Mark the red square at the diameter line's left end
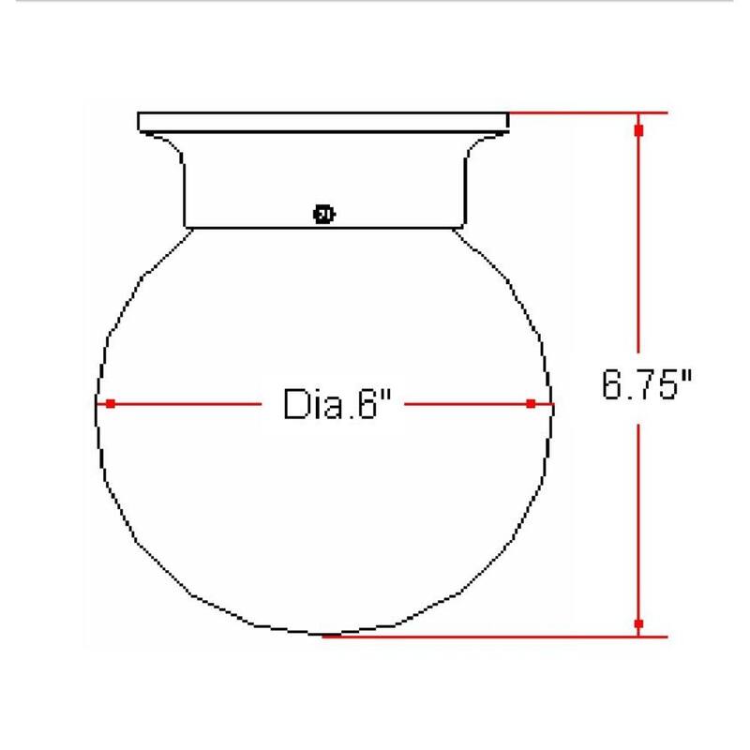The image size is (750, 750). pos(111,404)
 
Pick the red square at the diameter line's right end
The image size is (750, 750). pos(531,404)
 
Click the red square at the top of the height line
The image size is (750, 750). pos(638,130)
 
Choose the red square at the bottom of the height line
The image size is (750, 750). pos(638,623)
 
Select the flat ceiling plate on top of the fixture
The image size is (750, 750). pos(323,122)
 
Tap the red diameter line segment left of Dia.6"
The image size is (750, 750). pos(187,404)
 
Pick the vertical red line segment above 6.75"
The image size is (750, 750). pos(638,244)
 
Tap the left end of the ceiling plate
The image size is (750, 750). pos(140,122)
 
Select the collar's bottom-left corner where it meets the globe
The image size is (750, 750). pos(185,226)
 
